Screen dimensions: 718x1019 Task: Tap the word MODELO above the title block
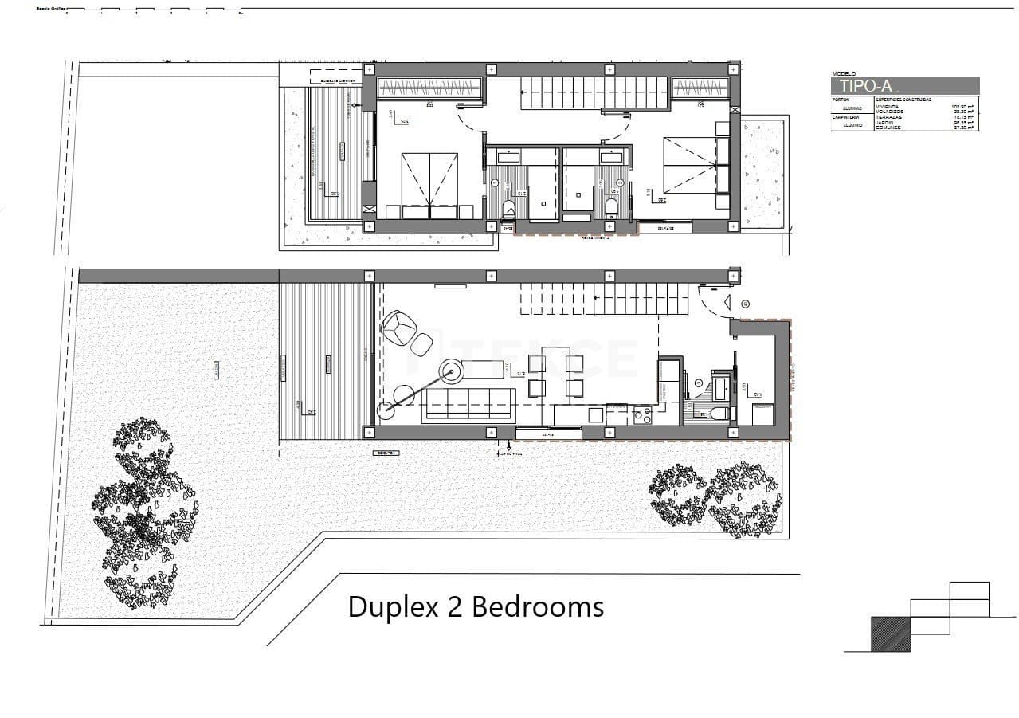(x=843, y=73)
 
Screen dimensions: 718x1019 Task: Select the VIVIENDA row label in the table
(x=887, y=106)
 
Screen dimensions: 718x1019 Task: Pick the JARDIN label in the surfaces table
(x=885, y=122)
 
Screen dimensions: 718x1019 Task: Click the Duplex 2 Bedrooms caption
(x=476, y=607)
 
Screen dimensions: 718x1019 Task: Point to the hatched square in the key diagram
(x=891, y=634)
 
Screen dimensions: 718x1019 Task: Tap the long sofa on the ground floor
(x=468, y=403)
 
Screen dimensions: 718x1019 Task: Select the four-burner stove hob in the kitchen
(x=642, y=414)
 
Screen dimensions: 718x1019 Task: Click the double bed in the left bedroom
(x=429, y=182)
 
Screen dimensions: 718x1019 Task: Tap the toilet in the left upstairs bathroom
(x=509, y=210)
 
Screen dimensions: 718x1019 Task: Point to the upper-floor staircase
(x=594, y=92)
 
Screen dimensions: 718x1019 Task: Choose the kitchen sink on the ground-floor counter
(x=594, y=414)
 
